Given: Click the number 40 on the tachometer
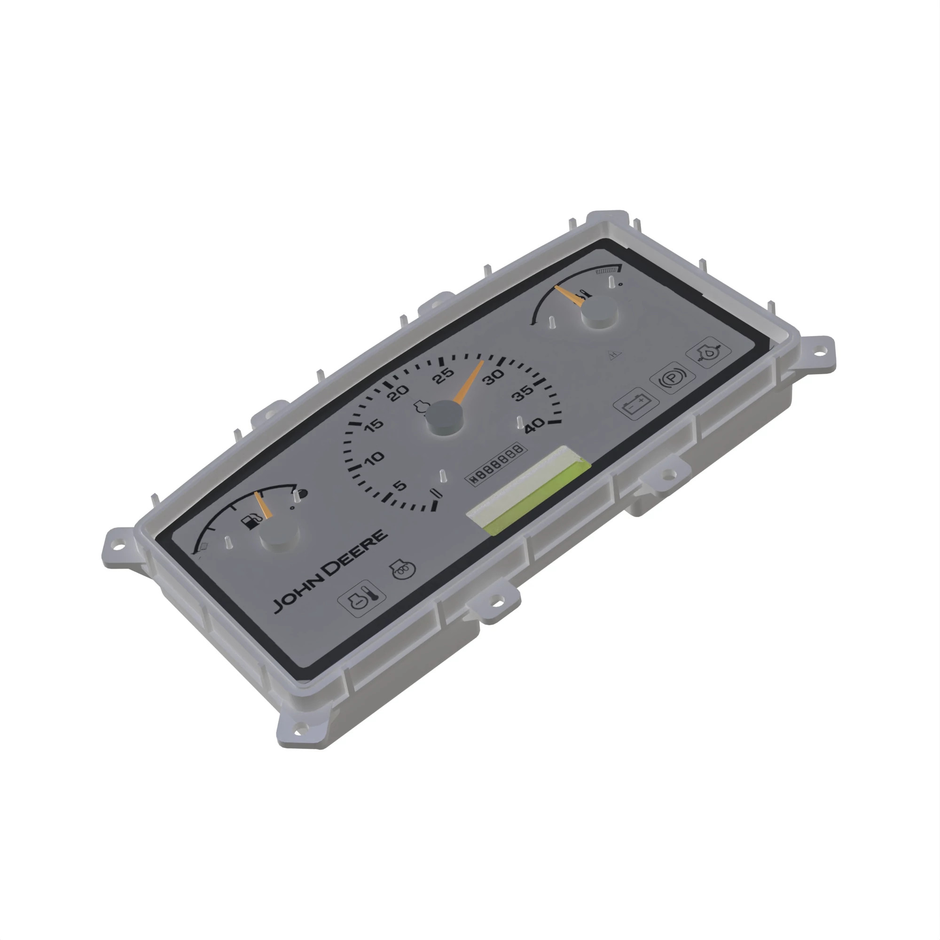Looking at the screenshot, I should (x=535, y=425).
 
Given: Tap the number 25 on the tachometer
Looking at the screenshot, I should (x=444, y=376).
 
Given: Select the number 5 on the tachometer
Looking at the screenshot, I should (x=399, y=486).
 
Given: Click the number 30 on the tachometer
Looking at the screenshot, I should (x=493, y=376).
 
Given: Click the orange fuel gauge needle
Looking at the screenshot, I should (x=263, y=505).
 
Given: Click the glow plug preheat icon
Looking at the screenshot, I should (x=403, y=569).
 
